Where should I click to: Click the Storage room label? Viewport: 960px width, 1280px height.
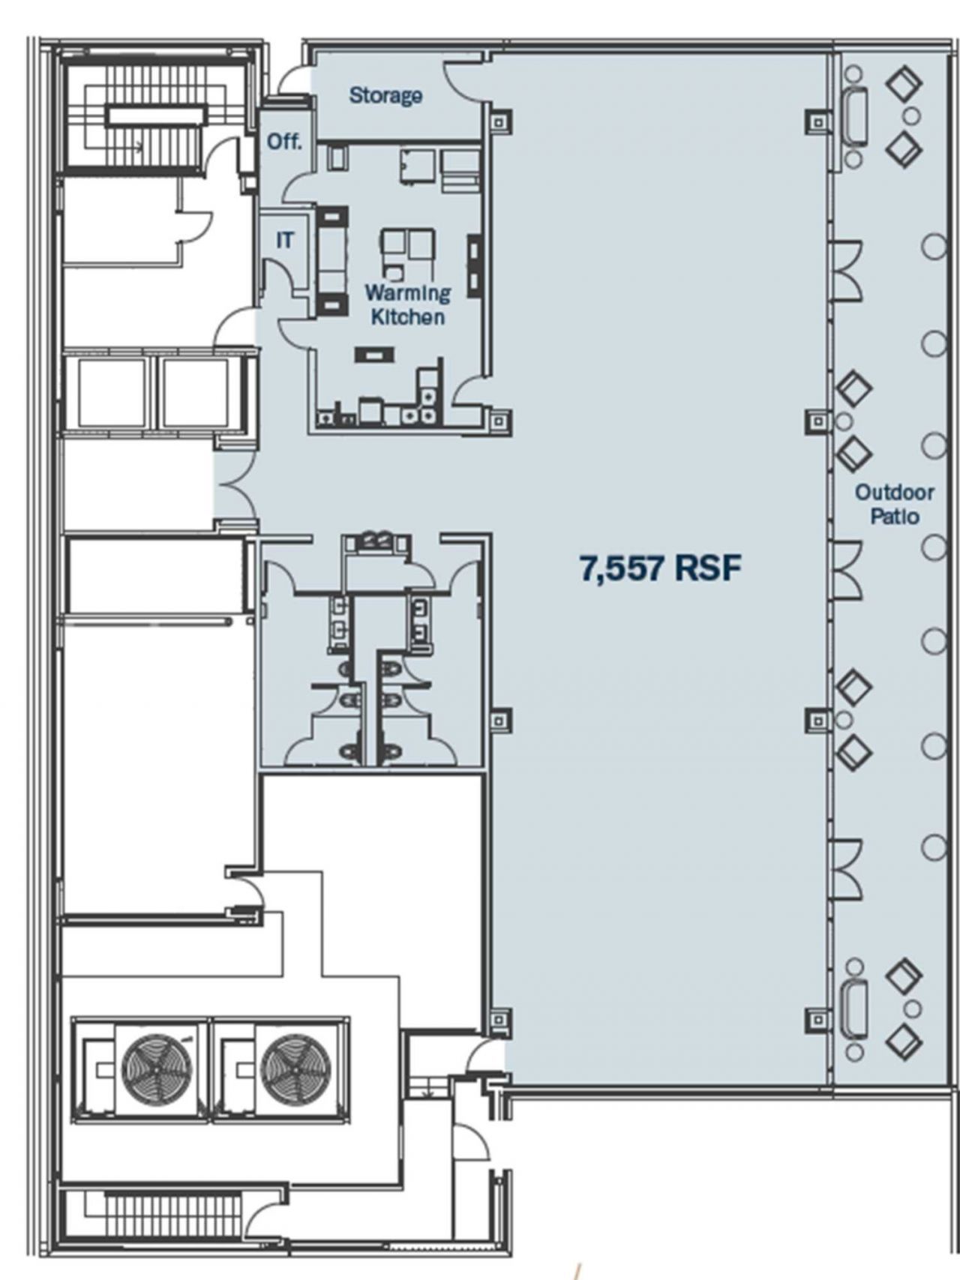click(x=385, y=95)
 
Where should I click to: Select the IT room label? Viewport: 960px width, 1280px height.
click(x=284, y=240)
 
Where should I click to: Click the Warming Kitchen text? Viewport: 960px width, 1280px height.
click(x=407, y=304)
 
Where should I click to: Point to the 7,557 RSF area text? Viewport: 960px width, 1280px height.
click(x=660, y=568)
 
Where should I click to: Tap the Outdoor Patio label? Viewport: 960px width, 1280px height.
click(x=894, y=504)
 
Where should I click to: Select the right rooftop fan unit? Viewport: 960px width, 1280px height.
click(x=292, y=1070)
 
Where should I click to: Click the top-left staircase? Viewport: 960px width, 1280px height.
click(x=154, y=116)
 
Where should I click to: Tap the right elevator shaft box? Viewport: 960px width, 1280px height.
click(x=195, y=394)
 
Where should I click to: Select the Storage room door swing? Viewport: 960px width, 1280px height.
click(x=463, y=80)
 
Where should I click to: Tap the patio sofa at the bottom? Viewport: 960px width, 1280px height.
click(x=855, y=1009)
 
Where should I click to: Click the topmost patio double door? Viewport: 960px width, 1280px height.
click(x=846, y=270)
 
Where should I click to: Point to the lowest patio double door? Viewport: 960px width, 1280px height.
click(x=846, y=870)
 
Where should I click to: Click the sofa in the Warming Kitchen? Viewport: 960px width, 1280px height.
click(x=332, y=259)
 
